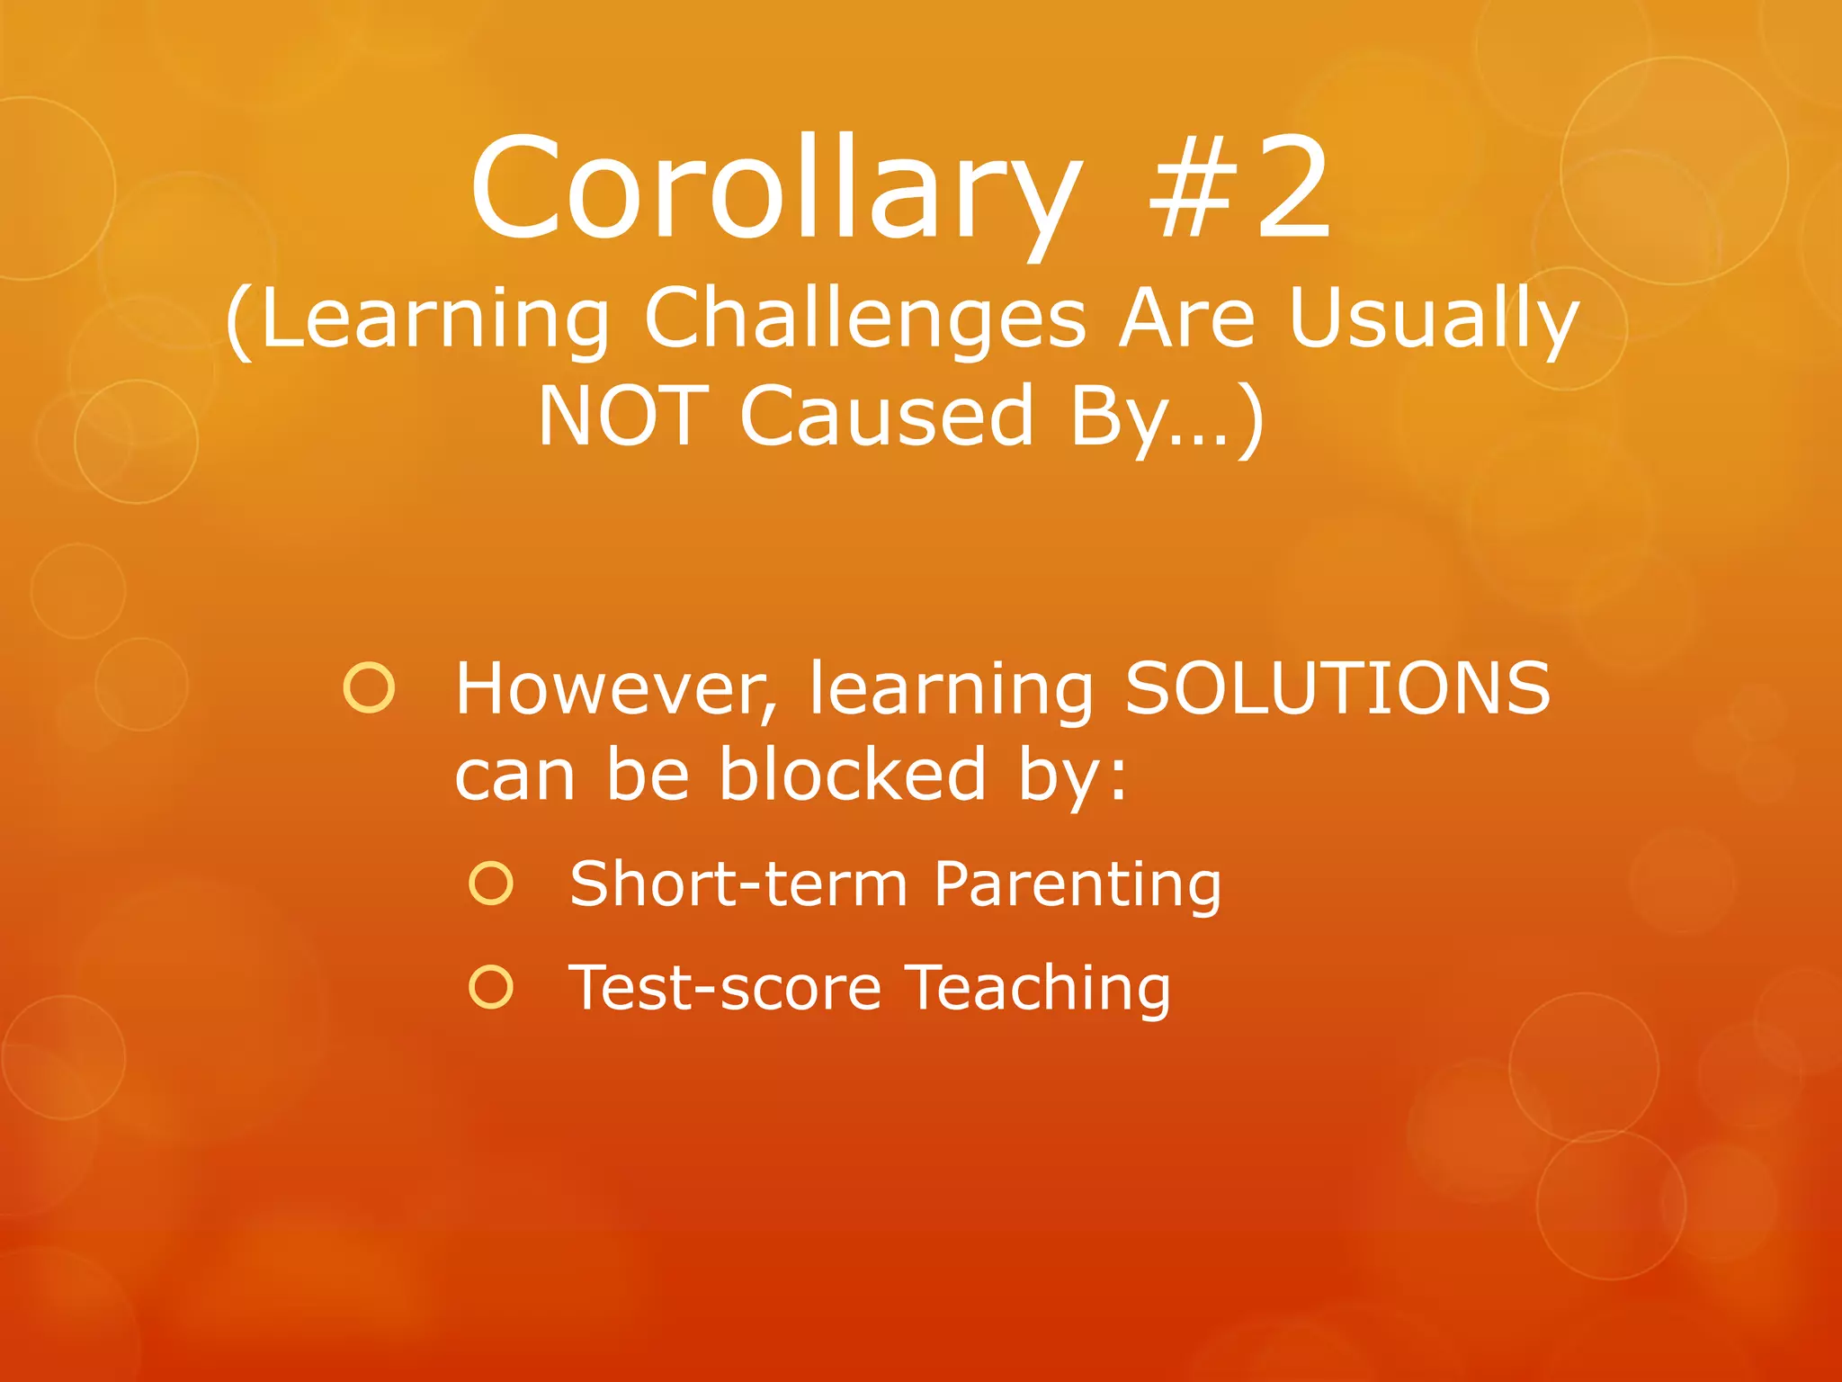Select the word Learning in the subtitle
click(437, 320)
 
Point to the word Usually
click(1434, 320)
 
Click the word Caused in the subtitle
click(887, 416)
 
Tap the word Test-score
click(725, 988)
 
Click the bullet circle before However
click(369, 688)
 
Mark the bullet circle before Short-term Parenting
click(491, 884)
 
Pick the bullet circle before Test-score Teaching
click(491, 987)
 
